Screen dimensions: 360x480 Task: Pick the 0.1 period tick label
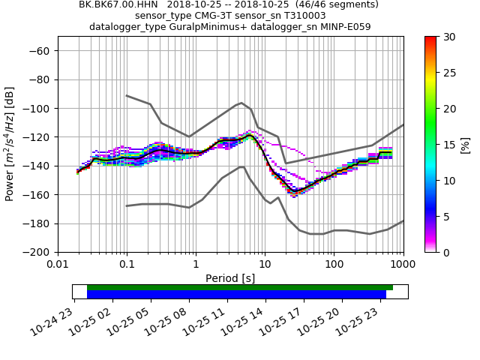click(127, 265)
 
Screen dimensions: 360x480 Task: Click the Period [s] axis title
click(230, 278)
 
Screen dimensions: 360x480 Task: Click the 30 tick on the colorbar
click(437, 37)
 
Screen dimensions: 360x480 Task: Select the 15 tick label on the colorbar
click(448, 145)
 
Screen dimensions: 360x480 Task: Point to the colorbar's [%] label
click(466, 145)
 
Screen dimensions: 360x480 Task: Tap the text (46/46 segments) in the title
click(331, 4)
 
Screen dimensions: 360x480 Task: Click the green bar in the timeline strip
click(240, 287)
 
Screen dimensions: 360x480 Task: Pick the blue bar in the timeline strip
click(236, 295)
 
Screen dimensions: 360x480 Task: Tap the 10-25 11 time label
click(213, 319)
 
